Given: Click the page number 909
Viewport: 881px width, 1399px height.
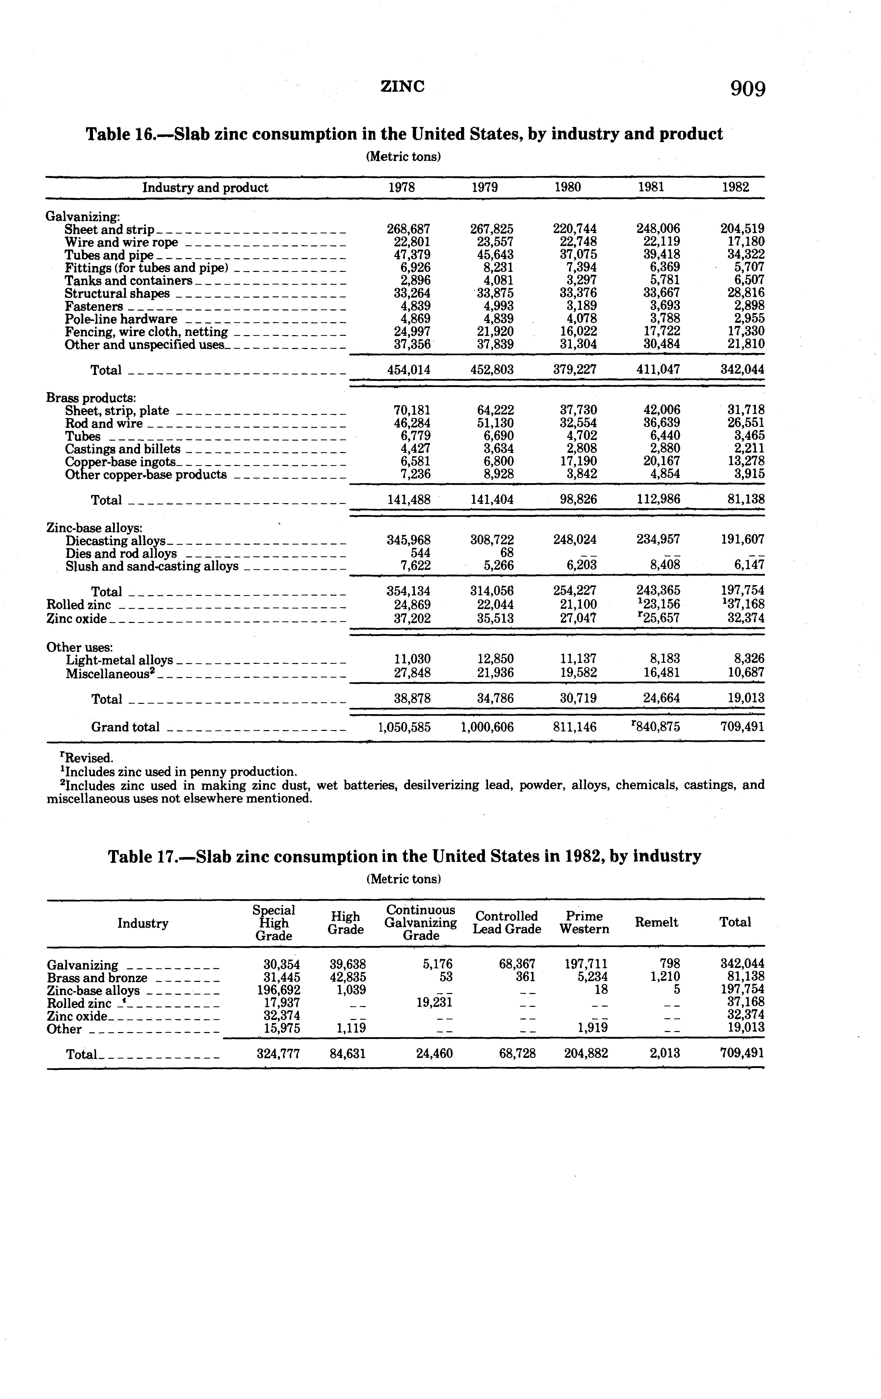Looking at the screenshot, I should pos(747,89).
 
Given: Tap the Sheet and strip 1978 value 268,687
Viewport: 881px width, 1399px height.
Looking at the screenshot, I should pos(409,229).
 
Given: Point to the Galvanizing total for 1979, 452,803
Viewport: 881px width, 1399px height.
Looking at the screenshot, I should pos(492,370).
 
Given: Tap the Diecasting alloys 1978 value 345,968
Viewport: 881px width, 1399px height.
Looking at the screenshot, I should pos(409,539).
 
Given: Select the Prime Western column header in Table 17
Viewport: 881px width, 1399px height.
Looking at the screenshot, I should pos(584,922).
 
